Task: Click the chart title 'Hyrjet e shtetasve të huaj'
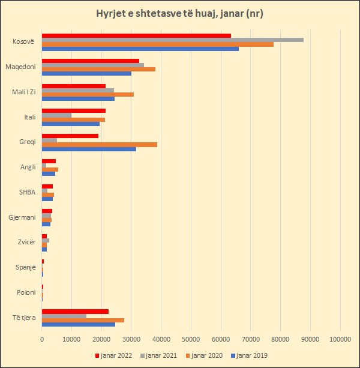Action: click(180, 13)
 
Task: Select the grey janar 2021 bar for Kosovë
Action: click(172, 40)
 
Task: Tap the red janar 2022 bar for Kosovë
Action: click(136, 35)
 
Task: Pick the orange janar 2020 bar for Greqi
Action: click(100, 144)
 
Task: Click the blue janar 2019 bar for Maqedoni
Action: click(86, 74)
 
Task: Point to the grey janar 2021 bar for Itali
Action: click(56, 115)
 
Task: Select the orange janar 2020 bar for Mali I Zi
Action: click(88, 94)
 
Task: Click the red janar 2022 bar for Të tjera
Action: click(75, 311)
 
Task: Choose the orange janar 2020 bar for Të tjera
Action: click(83, 320)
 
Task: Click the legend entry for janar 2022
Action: click(114, 355)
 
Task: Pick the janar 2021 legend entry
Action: click(159, 355)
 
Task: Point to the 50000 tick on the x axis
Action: click(191, 340)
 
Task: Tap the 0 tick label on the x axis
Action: click(42, 340)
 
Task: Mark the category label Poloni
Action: click(26, 292)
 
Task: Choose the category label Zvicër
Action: click(26, 242)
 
